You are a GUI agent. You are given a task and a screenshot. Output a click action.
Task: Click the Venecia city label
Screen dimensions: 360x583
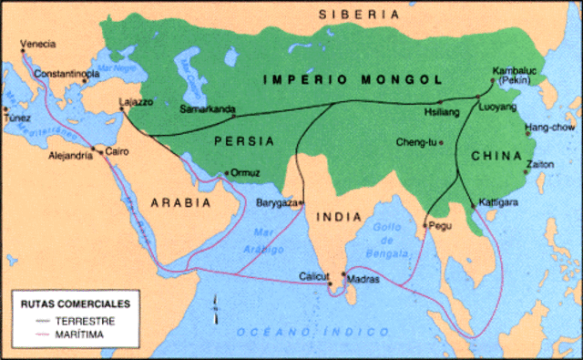click(37, 43)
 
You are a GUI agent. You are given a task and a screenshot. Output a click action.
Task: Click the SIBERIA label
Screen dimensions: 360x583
click(358, 14)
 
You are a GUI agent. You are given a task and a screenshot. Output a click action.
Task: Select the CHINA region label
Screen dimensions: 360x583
click(496, 156)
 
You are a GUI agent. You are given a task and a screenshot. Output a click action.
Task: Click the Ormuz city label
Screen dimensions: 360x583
click(247, 172)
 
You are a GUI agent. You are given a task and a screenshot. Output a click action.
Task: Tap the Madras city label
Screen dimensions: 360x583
click(362, 274)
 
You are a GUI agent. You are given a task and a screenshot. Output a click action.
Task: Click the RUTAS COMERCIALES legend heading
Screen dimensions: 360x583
click(74, 303)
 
